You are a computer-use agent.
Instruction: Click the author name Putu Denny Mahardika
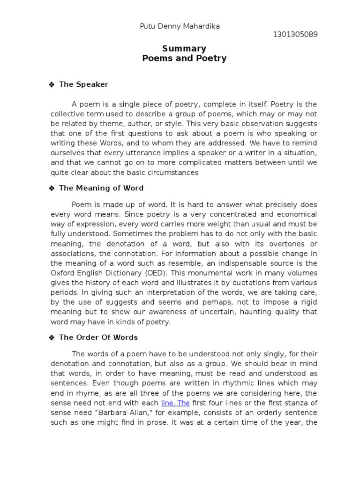[180, 26]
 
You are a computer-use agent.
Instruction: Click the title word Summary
[184, 49]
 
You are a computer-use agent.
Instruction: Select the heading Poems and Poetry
[184, 59]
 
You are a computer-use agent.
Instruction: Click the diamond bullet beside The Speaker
[52, 85]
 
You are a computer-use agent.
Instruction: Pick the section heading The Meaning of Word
[101, 188]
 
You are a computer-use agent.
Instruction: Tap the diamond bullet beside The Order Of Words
[52, 337]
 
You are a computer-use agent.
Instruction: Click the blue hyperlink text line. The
[175, 403]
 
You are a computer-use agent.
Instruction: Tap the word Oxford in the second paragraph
[62, 273]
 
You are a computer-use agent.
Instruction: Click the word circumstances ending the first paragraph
[172, 172]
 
